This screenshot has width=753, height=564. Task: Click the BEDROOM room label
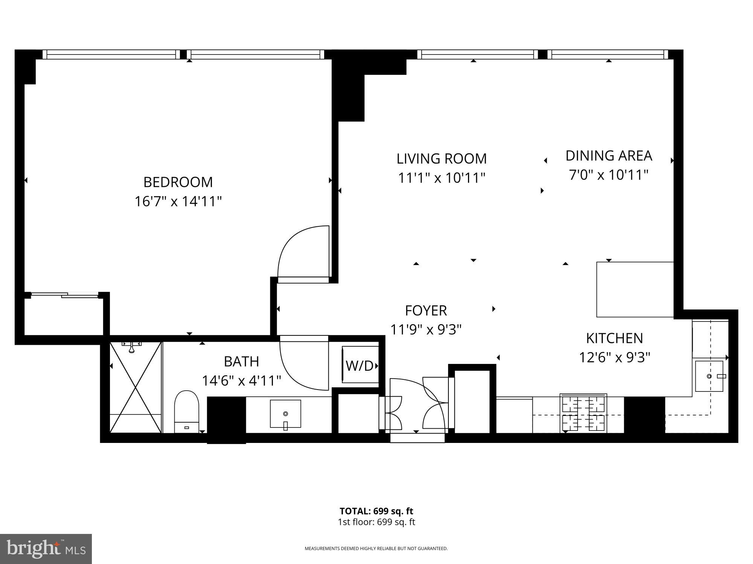coord(178,182)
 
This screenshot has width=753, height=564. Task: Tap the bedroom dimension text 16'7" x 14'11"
coord(178,202)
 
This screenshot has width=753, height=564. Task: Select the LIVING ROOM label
coord(442,159)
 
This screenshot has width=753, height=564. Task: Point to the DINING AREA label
coord(609,156)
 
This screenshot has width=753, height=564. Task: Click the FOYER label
coord(426,311)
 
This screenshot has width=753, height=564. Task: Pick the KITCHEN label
coord(614,338)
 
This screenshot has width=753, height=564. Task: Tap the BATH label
coord(241,362)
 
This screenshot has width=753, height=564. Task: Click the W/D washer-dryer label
coord(359,366)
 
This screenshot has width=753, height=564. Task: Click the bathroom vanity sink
coord(285,414)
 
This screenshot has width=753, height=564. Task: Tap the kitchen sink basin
coord(709,376)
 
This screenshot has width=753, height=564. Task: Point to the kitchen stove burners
coord(583,413)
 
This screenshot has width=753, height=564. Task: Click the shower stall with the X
coord(136,387)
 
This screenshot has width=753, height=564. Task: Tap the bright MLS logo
coord(46,549)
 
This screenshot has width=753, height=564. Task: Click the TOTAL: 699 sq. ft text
coord(376,511)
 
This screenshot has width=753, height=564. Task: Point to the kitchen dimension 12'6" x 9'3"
coord(614,357)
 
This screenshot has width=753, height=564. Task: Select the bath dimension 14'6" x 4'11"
coord(241,381)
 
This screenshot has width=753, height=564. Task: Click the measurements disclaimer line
coord(376,549)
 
